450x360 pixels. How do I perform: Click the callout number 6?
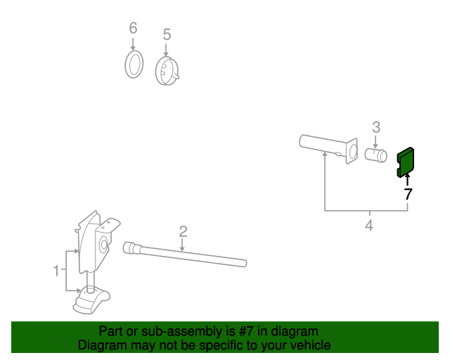click(x=133, y=28)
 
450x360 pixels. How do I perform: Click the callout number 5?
click(x=167, y=34)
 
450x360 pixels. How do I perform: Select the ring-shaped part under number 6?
click(x=134, y=64)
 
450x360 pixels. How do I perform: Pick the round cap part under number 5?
click(x=167, y=70)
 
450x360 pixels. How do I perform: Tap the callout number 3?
click(x=376, y=127)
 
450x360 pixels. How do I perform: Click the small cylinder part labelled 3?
click(x=376, y=155)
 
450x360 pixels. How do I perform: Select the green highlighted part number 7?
click(x=405, y=162)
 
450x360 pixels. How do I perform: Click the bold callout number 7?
click(x=408, y=194)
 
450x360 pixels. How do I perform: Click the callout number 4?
click(x=369, y=226)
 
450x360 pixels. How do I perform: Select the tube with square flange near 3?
click(x=328, y=148)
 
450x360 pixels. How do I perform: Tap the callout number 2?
click(x=183, y=231)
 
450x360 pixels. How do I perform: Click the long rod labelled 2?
click(x=185, y=255)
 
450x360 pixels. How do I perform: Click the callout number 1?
click(x=56, y=271)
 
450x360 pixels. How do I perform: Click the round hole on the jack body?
click(x=103, y=245)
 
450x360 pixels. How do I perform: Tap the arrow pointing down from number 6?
click(x=133, y=44)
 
